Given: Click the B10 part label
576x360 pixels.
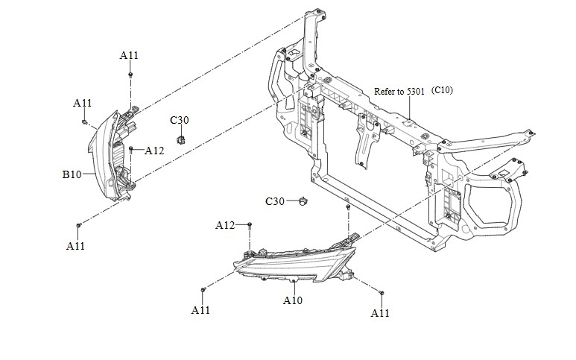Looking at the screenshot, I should [71, 175].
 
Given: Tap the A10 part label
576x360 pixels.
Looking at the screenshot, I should [293, 301].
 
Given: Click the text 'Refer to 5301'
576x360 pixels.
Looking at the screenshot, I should [399, 91].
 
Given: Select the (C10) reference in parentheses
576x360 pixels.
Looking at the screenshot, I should [442, 91].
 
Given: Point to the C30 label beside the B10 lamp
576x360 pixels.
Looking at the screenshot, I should [179, 120].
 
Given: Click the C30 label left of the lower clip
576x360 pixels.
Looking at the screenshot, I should [275, 201].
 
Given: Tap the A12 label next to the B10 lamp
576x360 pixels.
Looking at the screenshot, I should [154, 151].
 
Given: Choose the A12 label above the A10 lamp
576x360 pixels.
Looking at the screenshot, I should [225, 225].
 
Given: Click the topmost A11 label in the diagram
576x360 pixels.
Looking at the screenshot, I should [129, 55].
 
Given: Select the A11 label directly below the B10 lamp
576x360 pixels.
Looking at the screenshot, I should [75, 245].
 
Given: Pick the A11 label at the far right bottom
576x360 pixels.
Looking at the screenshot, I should [380, 313].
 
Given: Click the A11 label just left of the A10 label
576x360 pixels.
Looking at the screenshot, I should [200, 310].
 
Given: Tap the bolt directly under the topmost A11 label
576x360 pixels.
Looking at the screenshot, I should [130, 75].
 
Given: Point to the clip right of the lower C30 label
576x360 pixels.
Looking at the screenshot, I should [303, 200].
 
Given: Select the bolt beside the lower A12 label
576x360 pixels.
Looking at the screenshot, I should [250, 224].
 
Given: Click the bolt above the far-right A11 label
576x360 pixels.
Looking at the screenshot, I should [381, 293].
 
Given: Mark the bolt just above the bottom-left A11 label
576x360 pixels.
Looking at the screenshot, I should [78, 224].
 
